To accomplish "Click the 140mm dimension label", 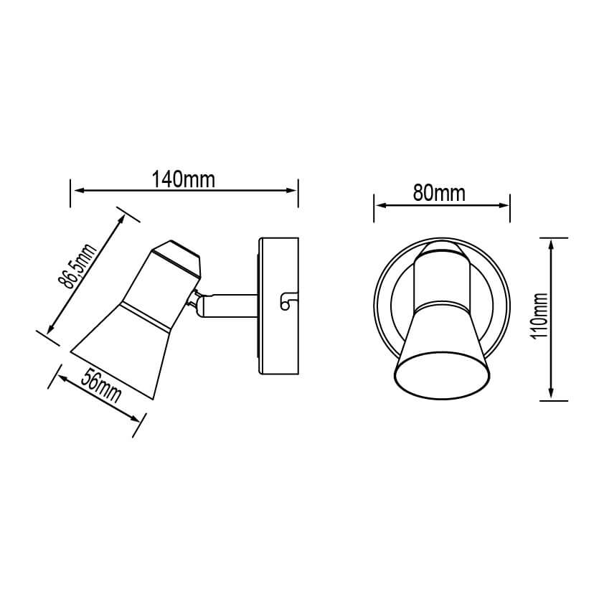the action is [184, 180].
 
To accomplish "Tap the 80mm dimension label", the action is [439, 192].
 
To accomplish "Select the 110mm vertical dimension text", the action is [539, 316].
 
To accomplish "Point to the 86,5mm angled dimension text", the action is [77, 266].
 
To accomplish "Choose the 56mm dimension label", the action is [101, 386].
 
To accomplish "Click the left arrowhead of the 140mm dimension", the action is [79, 190].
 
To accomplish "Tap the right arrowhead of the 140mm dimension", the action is [291, 190].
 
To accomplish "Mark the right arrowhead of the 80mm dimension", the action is [504, 205].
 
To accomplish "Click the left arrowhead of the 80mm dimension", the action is [380, 205].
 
